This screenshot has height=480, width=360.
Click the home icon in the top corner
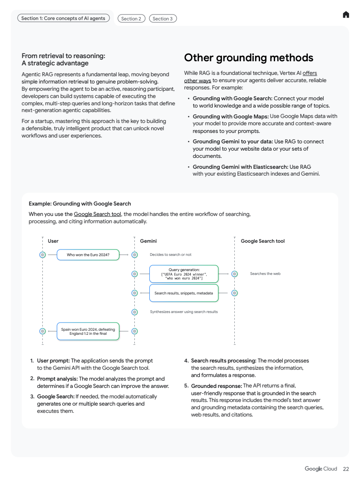pyautogui.click(x=346, y=15)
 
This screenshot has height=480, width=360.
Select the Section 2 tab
pyautogui.click(x=131, y=19)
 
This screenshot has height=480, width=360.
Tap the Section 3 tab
pyautogui.click(x=163, y=19)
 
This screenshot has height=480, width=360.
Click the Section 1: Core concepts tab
pyautogui.click(x=63, y=18)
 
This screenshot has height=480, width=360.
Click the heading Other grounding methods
pyautogui.click(x=248, y=58)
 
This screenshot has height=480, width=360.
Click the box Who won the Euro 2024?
pyautogui.click(x=88, y=255)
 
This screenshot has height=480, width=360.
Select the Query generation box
pyautogui.click(x=184, y=274)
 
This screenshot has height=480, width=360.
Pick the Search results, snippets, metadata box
pyautogui.click(x=183, y=293)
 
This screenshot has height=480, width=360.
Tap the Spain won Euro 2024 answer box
pyautogui.click(x=88, y=331)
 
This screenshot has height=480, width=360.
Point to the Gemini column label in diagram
pyautogui.click(x=148, y=241)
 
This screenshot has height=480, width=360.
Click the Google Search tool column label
pyautogui.click(x=262, y=241)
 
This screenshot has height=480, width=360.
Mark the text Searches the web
pyautogui.click(x=265, y=274)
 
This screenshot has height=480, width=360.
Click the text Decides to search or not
pyautogui.click(x=171, y=255)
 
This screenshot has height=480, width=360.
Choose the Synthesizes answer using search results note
pyautogui.click(x=184, y=312)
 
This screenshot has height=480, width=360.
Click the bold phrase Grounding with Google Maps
pyautogui.click(x=231, y=116)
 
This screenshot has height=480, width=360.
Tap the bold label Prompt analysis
pyautogui.click(x=57, y=378)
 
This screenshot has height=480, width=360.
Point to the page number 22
pyautogui.click(x=346, y=469)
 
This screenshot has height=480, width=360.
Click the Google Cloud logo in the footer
pyautogui.click(x=321, y=469)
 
